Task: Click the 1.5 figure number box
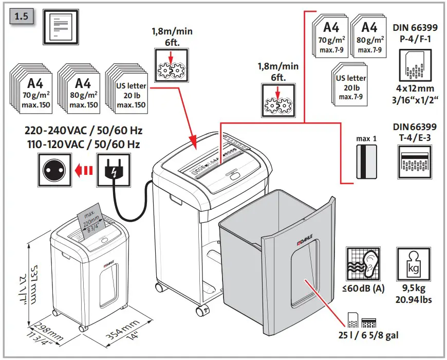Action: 22,15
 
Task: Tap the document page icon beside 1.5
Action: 61,25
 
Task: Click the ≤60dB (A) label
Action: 365,289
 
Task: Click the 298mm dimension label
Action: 47,332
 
